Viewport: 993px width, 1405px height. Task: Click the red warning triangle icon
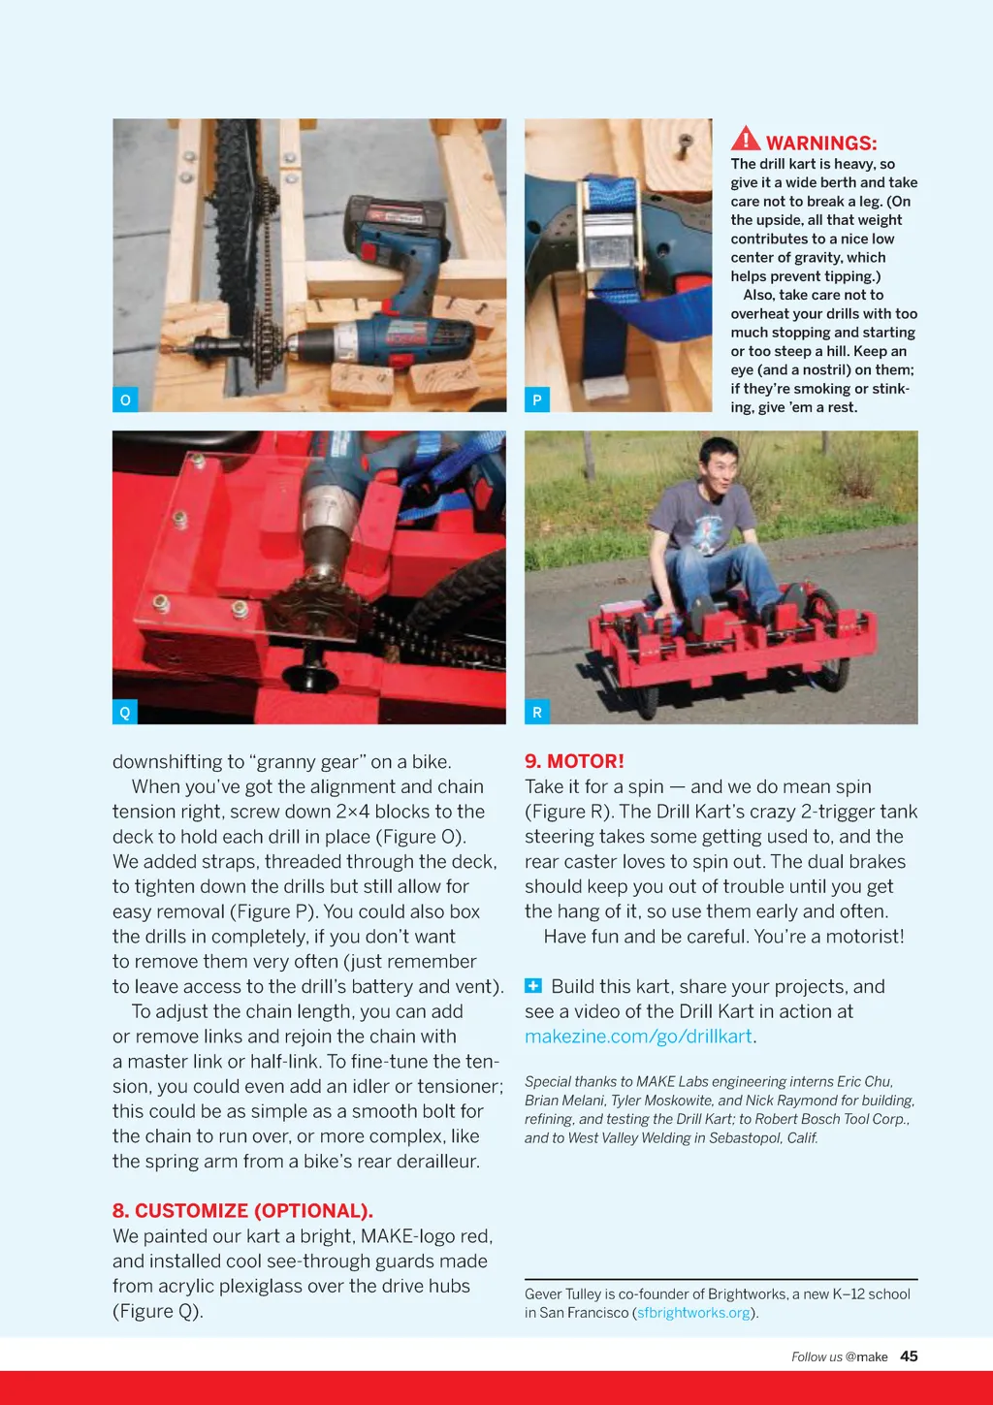click(x=745, y=139)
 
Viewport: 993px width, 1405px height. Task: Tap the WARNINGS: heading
click(x=821, y=144)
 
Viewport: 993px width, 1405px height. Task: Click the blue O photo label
click(x=125, y=399)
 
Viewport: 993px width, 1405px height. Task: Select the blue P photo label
click(x=537, y=399)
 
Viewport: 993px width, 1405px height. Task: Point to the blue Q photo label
click(x=125, y=712)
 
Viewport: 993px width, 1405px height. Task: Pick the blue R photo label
click(x=537, y=712)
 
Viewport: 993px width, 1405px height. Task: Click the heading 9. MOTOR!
click(x=574, y=761)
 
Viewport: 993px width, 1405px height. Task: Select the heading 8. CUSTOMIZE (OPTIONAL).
click(x=242, y=1210)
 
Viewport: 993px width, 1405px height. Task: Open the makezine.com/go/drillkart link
click(x=638, y=1036)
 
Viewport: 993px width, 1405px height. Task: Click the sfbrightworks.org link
click(x=693, y=1313)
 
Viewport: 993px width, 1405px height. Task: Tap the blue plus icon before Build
click(x=533, y=986)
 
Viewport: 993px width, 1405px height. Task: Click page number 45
click(x=909, y=1357)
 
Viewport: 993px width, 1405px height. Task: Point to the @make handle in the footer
click(x=866, y=1357)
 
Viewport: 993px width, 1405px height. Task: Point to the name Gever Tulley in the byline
click(x=562, y=1293)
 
